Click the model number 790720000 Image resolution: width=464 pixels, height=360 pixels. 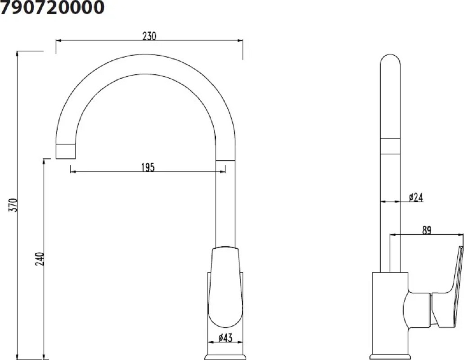(x=52, y=7)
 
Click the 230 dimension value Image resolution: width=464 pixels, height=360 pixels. (x=149, y=36)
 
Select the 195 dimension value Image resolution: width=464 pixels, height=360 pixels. (x=148, y=167)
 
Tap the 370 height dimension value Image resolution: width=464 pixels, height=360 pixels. (x=14, y=205)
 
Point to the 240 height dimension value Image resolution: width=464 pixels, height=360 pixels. (x=40, y=259)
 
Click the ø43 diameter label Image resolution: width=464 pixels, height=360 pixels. (x=225, y=337)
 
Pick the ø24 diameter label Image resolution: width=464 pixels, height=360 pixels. (x=416, y=197)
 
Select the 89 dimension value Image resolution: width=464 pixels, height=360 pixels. (x=426, y=230)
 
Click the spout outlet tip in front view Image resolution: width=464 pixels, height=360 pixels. (x=66, y=152)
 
